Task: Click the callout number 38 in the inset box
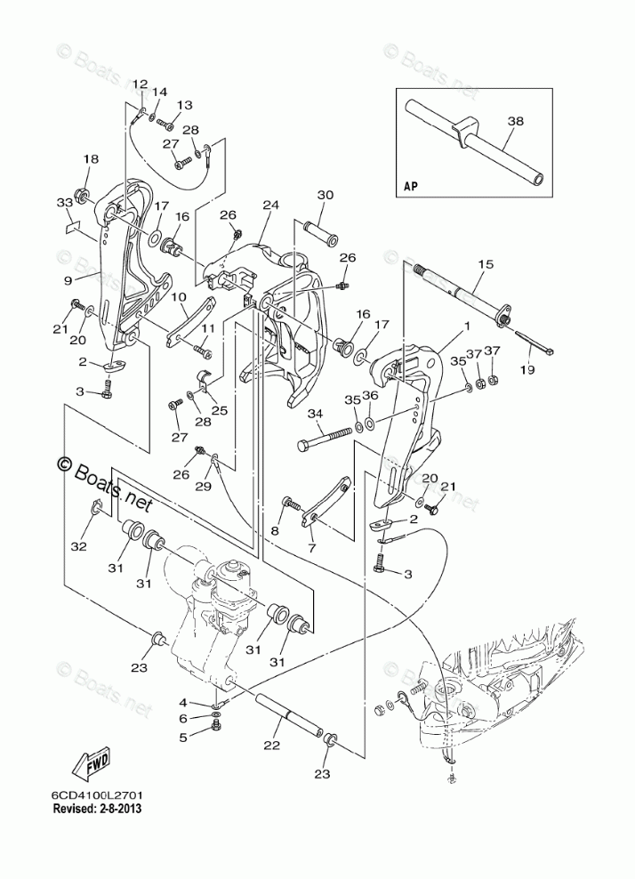(x=516, y=120)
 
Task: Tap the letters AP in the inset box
(x=411, y=186)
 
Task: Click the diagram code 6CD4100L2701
(x=97, y=796)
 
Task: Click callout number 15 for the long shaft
(x=486, y=263)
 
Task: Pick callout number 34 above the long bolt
(x=316, y=414)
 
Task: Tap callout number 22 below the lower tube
(x=271, y=745)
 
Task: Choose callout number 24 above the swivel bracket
(x=270, y=206)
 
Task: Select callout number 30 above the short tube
(x=326, y=195)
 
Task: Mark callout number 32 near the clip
(x=78, y=546)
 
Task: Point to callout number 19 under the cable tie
(x=527, y=369)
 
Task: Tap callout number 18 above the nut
(x=91, y=159)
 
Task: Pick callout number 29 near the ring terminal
(x=204, y=486)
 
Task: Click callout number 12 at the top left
(x=141, y=85)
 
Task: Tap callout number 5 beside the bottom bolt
(x=182, y=738)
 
